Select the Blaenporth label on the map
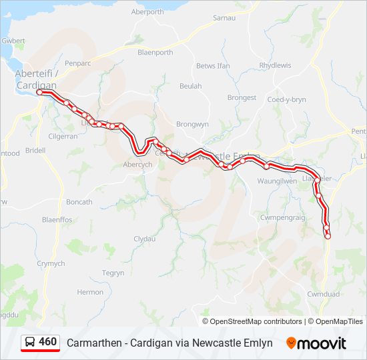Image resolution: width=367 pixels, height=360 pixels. point(155,53)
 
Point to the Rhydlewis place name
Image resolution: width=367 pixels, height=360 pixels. point(275,65)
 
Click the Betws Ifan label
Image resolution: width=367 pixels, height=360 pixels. point(213,66)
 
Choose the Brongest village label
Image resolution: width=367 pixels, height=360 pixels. point(242,97)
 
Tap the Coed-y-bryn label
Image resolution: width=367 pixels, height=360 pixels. point(287,99)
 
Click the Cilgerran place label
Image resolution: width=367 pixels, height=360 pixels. point(63,136)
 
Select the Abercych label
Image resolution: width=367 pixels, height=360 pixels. point(138,165)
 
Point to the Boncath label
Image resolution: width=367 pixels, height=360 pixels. point(79,202)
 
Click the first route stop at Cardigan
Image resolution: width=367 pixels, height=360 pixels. point(40,93)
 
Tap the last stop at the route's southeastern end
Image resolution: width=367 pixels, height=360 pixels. point(328,236)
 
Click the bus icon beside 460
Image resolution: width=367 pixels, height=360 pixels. point(30,343)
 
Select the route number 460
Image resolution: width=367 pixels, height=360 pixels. point(47,342)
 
